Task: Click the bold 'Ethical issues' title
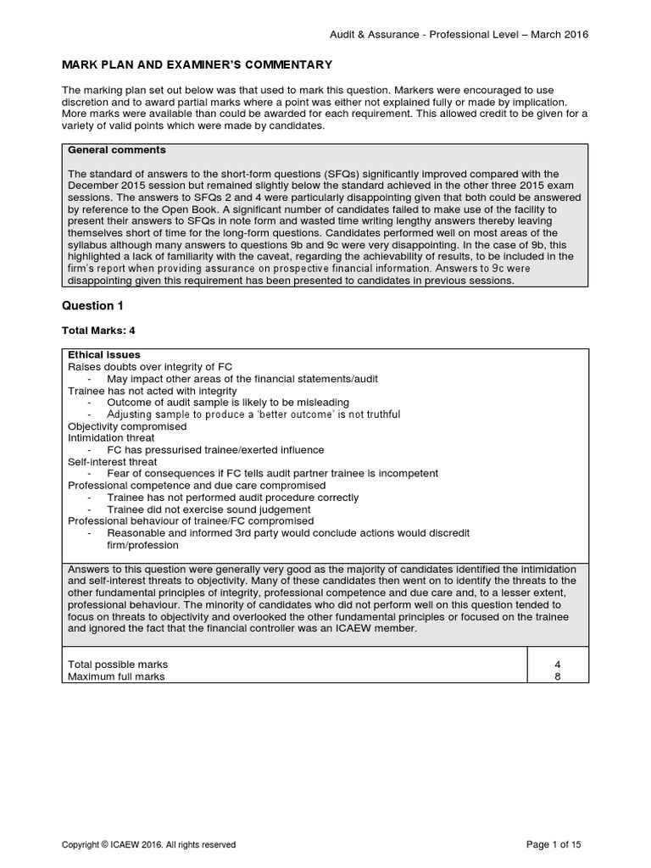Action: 104,354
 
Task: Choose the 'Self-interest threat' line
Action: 113,461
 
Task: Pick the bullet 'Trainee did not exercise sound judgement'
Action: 209,509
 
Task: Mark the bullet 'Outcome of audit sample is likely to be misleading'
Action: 227,402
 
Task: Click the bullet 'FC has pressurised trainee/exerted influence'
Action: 215,449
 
